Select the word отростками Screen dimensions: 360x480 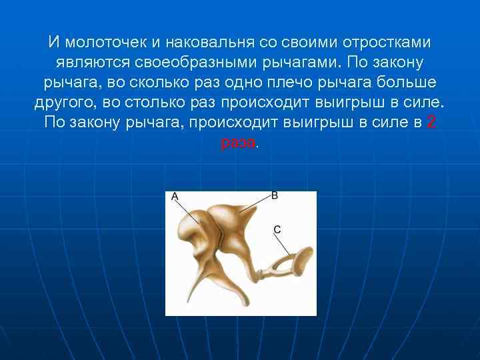[x=387, y=43]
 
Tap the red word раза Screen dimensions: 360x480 [x=237, y=143]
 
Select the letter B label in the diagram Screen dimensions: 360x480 [x=274, y=195]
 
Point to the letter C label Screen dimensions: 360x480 [x=277, y=229]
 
